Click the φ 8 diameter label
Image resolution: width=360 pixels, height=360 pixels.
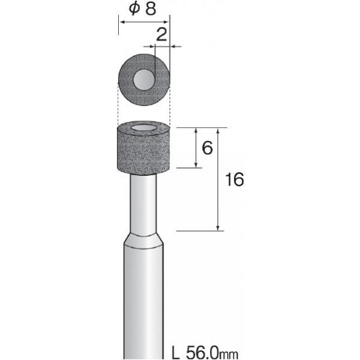[142, 8]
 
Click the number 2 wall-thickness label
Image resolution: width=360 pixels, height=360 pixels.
[161, 34]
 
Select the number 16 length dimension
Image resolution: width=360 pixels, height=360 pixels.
[235, 179]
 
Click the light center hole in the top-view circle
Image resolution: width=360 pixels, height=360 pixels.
[144, 80]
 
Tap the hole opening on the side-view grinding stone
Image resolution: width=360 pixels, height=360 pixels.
[143, 128]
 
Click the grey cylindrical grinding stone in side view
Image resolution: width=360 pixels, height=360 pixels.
[143, 148]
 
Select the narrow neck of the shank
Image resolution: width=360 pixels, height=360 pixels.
[143, 205]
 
